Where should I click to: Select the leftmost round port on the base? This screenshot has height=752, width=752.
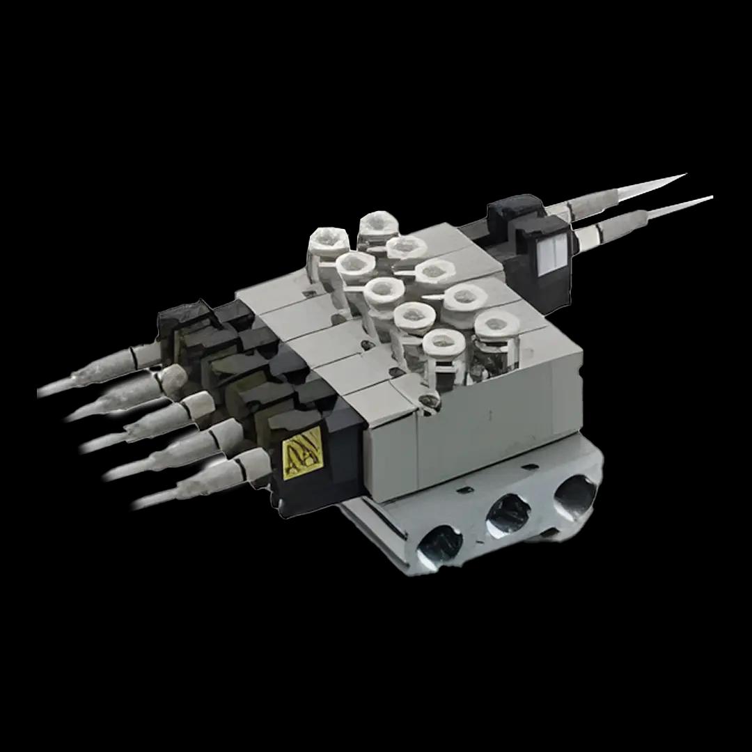[439, 543]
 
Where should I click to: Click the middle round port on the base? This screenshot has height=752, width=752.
[508, 515]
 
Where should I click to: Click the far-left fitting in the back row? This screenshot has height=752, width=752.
[328, 242]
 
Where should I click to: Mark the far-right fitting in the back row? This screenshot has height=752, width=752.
[497, 326]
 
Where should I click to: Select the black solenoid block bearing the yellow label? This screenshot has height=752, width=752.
[317, 453]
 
